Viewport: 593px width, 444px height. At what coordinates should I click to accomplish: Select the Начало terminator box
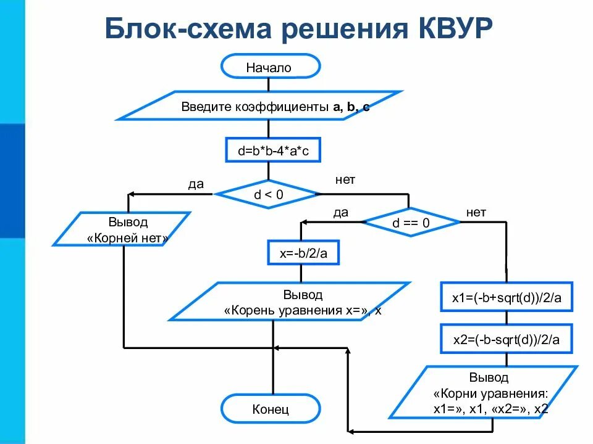[x=270, y=67]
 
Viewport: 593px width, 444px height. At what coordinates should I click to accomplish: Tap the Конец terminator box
[x=271, y=409]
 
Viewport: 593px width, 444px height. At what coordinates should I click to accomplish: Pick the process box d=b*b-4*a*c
[x=272, y=150]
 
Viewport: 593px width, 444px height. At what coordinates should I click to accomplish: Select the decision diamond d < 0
[x=268, y=195]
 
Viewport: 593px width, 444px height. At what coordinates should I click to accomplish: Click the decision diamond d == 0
[x=411, y=223]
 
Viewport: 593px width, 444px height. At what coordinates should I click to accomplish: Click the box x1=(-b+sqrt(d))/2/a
[x=507, y=299]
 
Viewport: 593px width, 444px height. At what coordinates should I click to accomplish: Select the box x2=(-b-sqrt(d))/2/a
[x=507, y=339]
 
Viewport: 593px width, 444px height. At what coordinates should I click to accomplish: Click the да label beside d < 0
[x=196, y=184]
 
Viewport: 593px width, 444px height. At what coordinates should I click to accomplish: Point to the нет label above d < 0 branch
[x=345, y=179]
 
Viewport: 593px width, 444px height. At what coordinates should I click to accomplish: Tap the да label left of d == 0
[x=341, y=212]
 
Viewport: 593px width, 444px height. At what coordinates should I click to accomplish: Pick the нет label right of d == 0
[x=476, y=212]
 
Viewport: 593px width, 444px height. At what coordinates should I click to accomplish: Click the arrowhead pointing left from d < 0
[x=131, y=195]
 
